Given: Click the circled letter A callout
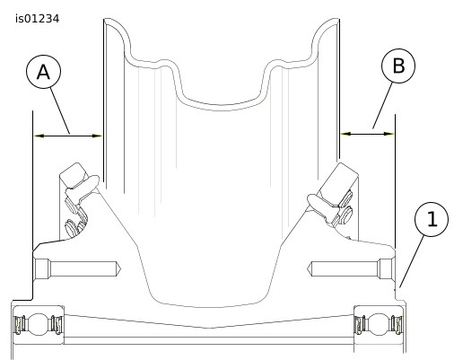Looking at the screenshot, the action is [44, 72].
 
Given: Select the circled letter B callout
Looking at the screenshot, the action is [398, 66].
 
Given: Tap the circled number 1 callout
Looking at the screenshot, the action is [432, 219].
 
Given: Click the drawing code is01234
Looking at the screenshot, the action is [38, 19].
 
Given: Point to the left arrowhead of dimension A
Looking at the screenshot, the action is [39, 136].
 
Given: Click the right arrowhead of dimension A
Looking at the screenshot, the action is [97, 136].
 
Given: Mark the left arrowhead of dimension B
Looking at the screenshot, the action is [345, 134].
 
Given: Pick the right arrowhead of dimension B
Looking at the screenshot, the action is [389, 134].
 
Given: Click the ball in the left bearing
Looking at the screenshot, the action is [38, 324].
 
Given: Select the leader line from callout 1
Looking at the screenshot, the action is [412, 261].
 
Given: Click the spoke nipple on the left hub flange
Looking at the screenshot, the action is [83, 187].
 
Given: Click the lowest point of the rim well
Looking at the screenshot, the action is [222, 105].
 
